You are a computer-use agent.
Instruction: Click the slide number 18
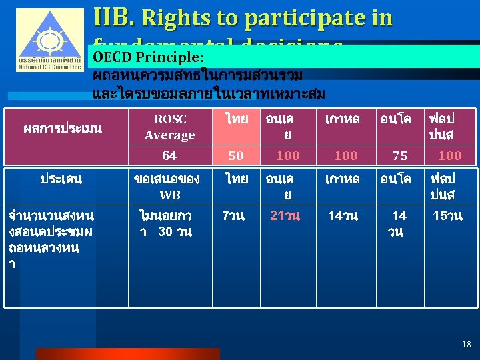[x=466, y=344]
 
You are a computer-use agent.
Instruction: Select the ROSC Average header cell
[x=169, y=127]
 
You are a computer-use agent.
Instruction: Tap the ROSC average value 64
[x=169, y=155]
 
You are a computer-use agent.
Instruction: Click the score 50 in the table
[x=236, y=155]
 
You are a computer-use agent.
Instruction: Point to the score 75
[x=400, y=155]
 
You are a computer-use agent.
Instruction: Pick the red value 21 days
[x=285, y=215]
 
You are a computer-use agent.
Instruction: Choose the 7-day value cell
[x=233, y=215]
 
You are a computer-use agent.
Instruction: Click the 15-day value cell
[x=447, y=215]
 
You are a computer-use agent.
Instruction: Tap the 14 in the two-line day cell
[x=399, y=215]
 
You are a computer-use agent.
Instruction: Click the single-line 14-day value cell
[x=343, y=215]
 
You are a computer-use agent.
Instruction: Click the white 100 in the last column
[x=450, y=155]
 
